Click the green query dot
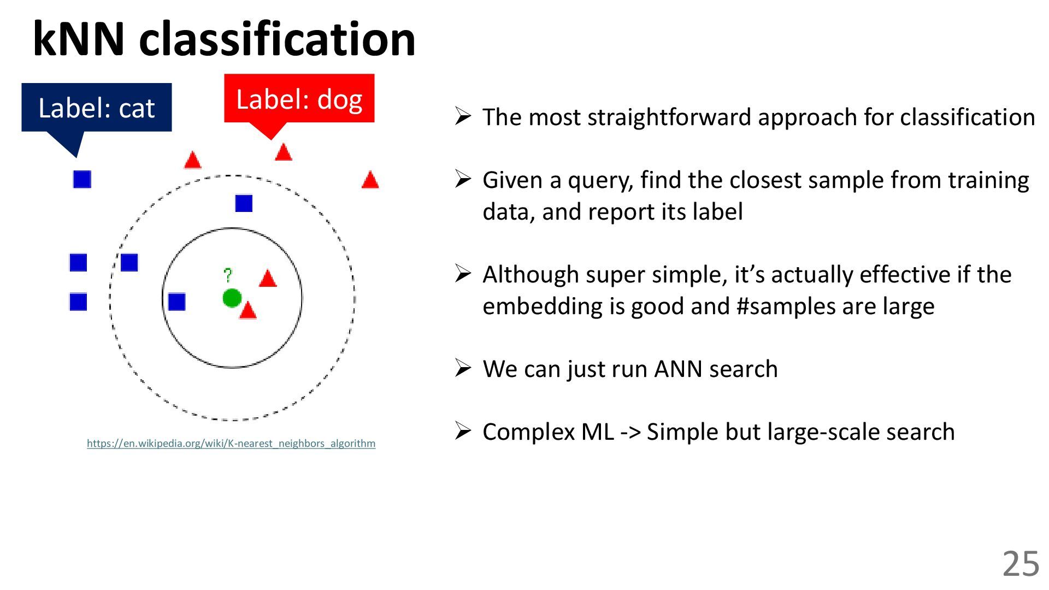(232, 298)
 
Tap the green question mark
(228, 275)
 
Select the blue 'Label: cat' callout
(97, 108)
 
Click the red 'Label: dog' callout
(299, 99)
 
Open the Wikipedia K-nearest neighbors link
(231, 443)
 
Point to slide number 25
(1020, 564)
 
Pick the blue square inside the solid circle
(176, 302)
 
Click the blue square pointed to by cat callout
(82, 179)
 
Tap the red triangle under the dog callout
(283, 152)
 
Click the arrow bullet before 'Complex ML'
(463, 431)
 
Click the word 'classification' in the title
(278, 39)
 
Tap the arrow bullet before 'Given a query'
(463, 179)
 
